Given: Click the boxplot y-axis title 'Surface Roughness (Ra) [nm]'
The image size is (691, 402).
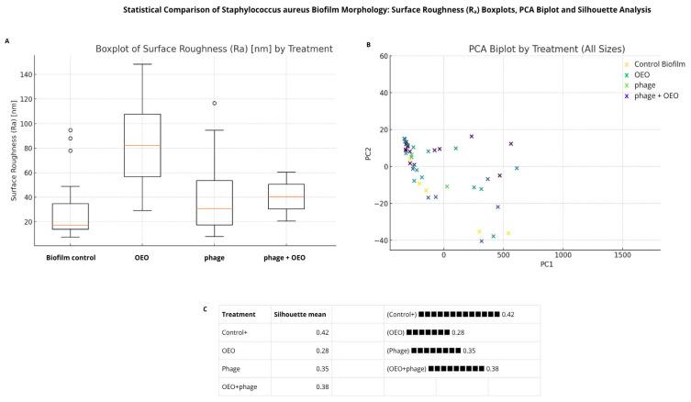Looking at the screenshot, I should pyautogui.click(x=16, y=151).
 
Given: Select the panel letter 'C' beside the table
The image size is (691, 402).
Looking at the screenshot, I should pyautogui.click(x=205, y=307).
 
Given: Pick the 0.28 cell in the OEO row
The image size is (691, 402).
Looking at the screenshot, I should pyautogui.click(x=318, y=349).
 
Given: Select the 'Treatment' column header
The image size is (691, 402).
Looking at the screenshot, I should pyautogui.click(x=239, y=314).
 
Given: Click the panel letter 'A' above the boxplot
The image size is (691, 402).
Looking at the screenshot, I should pyautogui.click(x=7, y=41).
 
